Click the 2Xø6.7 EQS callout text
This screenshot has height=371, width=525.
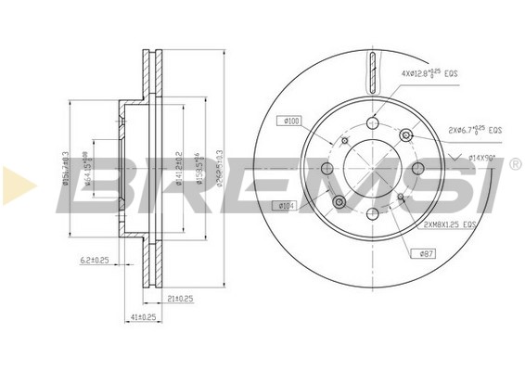coord(475,132)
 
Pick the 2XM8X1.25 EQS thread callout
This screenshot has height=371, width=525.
coord(450,224)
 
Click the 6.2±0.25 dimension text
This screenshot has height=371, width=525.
coord(94,260)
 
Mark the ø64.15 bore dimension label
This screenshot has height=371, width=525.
coord(88,170)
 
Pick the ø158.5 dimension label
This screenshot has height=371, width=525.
coord(198,168)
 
